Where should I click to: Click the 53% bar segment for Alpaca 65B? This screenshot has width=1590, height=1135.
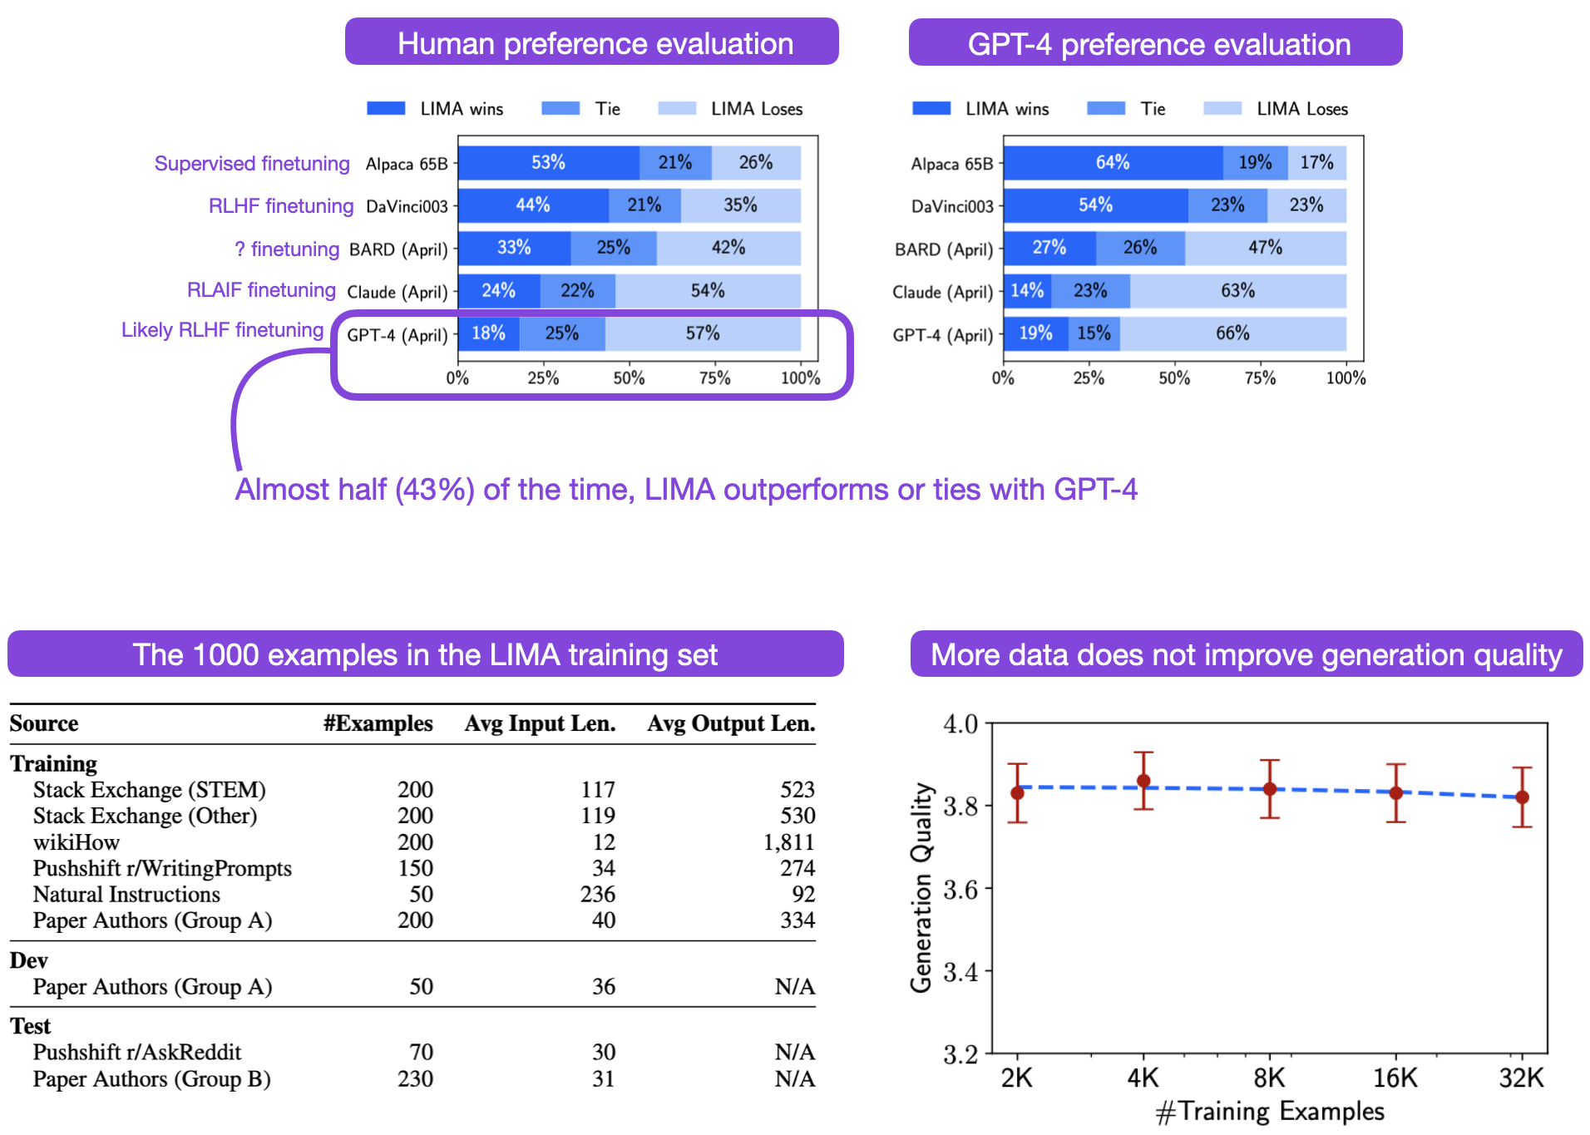548,163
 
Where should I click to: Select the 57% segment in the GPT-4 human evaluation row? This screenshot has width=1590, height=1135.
703,333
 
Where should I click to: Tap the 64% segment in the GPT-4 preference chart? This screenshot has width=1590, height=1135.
1112,163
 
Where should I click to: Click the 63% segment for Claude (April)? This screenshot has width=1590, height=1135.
1237,291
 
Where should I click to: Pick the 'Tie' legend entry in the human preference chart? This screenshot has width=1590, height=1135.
581,109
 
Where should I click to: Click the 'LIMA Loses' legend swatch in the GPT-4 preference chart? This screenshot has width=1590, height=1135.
1222,109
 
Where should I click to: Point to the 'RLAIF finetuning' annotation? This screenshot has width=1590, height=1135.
261,290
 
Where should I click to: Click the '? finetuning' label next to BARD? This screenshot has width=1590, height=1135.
287,249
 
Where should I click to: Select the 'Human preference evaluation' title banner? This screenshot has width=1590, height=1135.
591,42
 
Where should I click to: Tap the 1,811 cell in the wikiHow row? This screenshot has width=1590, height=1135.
788,842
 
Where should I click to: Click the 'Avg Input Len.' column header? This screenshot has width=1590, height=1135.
540,723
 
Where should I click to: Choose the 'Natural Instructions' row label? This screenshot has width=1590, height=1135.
126,895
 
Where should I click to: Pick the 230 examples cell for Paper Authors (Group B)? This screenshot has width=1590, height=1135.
415,1078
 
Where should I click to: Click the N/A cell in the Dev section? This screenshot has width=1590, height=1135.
794,987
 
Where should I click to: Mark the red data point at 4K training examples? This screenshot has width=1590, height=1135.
1143,781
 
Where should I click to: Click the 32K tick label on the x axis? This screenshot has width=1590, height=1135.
1521,1078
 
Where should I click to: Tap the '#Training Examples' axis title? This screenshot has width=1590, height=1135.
1270,1112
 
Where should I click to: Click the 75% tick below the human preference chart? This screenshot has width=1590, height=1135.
714,378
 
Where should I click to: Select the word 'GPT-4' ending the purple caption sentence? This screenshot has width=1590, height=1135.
1095,490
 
